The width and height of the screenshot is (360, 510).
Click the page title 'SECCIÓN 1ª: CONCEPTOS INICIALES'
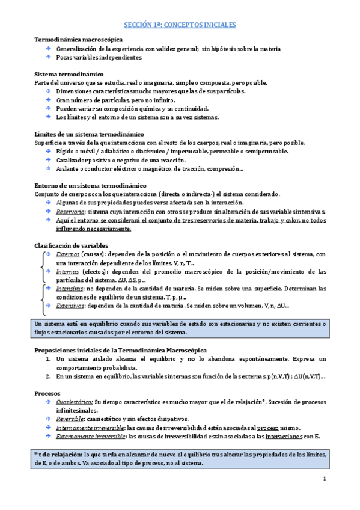click(x=180, y=25)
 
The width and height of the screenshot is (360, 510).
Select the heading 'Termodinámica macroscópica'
click(x=73, y=39)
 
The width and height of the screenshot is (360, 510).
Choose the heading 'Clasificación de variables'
click(x=71, y=245)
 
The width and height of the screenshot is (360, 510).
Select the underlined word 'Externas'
click(x=67, y=254)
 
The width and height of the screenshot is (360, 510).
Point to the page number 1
click(x=324, y=479)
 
